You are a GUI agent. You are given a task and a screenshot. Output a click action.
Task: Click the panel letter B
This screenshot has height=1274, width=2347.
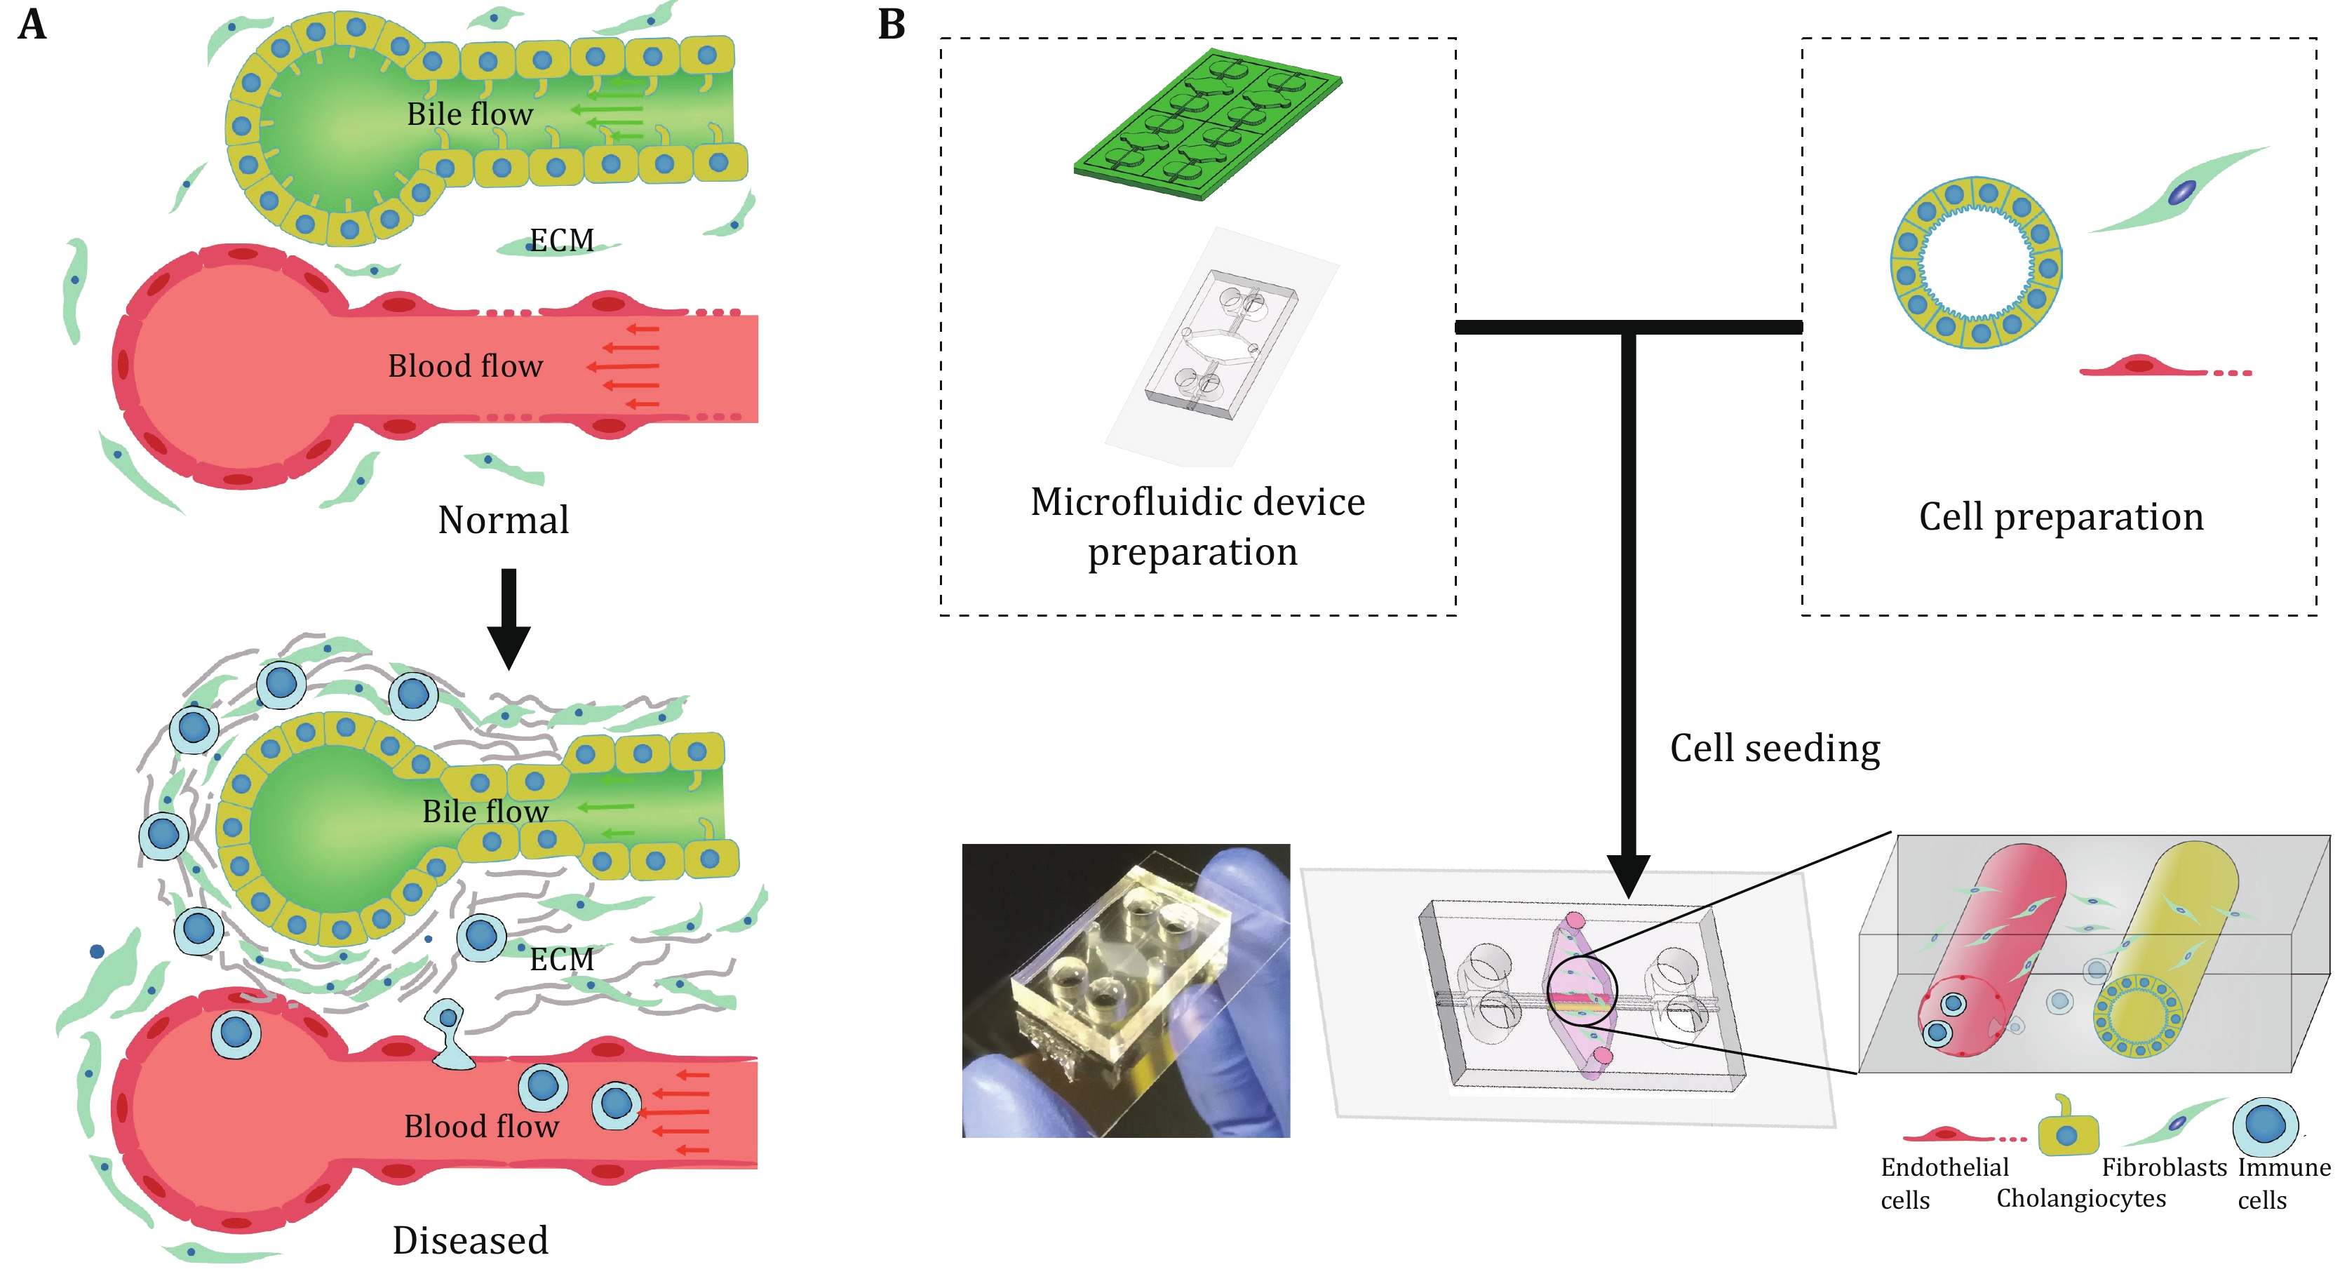point(891,25)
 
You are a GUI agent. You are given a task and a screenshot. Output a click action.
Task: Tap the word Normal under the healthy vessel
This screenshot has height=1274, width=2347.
point(503,521)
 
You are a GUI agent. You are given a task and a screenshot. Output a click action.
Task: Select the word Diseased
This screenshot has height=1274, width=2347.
point(470,1240)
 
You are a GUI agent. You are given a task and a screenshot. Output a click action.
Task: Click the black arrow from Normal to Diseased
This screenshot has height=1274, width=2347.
point(509,619)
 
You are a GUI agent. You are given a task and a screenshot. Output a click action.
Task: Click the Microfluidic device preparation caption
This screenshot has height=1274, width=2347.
point(1197,527)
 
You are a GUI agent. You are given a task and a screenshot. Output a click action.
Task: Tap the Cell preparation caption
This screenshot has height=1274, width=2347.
point(2061,517)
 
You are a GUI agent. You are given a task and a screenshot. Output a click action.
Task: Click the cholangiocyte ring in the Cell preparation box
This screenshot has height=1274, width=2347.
point(1976,262)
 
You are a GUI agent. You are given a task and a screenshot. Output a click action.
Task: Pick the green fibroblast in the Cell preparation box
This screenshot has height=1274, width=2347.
point(2180,192)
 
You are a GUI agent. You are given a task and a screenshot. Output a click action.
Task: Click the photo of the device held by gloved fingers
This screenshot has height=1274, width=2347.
point(1125,991)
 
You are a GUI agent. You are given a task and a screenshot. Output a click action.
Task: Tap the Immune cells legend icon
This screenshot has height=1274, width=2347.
point(2265,1127)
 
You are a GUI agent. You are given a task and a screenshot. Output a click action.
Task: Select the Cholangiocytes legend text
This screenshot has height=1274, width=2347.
point(2081,1198)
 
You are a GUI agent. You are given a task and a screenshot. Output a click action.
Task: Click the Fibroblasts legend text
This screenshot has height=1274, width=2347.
point(2164,1167)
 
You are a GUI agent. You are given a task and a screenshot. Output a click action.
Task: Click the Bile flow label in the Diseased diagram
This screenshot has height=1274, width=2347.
point(485,811)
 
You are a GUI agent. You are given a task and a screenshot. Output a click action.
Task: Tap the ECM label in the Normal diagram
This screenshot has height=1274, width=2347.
point(561,241)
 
